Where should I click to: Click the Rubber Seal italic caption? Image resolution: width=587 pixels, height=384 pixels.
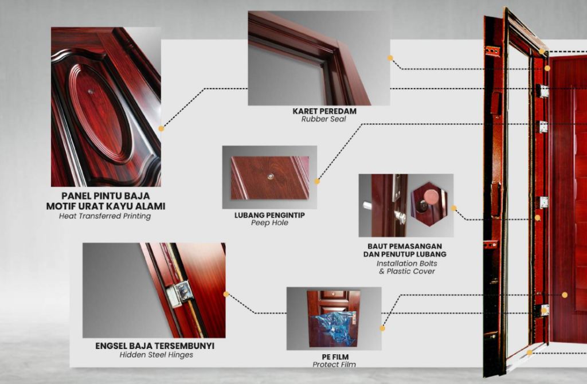[x=324, y=119]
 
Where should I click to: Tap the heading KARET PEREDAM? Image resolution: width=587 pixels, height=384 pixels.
[x=324, y=111]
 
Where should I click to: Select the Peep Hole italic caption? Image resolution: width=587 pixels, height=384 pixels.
[x=269, y=223]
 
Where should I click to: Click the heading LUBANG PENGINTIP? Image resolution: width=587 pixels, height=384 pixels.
[x=269, y=215]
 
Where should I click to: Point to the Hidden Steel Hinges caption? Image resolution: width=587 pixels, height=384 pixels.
[x=156, y=355]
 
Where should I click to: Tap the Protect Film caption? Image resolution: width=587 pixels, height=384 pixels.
[x=334, y=365]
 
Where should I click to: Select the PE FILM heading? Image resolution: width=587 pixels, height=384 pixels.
[x=334, y=356]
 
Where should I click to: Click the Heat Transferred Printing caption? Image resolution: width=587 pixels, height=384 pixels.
[x=105, y=217]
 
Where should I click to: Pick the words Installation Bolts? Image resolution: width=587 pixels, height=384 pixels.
[x=406, y=263]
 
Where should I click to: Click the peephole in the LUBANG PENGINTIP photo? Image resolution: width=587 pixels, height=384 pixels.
[x=269, y=177]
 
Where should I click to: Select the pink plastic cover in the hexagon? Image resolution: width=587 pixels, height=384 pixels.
[x=431, y=197]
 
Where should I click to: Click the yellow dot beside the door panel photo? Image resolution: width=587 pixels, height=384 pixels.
[x=161, y=129]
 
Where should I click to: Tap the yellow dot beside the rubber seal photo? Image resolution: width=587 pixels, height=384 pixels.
[x=390, y=58]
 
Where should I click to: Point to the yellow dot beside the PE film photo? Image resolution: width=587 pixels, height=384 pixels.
[x=382, y=329]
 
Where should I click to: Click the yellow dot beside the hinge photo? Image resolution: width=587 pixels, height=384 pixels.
[x=226, y=294]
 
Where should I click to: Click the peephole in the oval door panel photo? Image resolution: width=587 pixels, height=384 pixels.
[x=91, y=91]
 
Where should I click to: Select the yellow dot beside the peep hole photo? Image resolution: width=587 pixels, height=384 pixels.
[x=317, y=181]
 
